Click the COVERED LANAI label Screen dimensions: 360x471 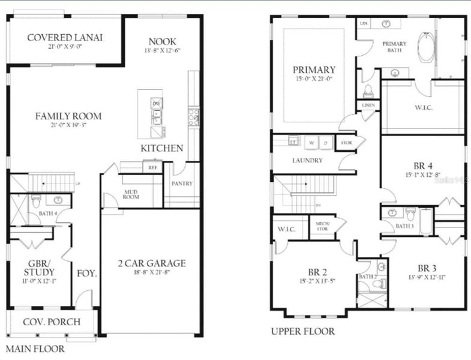point(65,37)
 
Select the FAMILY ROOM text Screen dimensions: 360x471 point(67,116)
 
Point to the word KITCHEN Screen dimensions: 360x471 point(162,148)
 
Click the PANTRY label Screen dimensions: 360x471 point(182,184)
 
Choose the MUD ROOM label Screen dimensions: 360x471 point(131,193)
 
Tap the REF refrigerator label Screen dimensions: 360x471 point(153,168)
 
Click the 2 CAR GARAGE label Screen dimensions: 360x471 point(151,263)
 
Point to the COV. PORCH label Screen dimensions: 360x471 point(52,322)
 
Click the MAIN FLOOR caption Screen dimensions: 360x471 point(35,348)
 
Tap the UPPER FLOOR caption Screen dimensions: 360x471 point(302,331)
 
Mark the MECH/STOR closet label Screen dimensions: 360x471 point(322,226)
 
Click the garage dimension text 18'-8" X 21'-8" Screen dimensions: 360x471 point(151,273)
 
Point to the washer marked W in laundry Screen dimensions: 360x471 point(311,143)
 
